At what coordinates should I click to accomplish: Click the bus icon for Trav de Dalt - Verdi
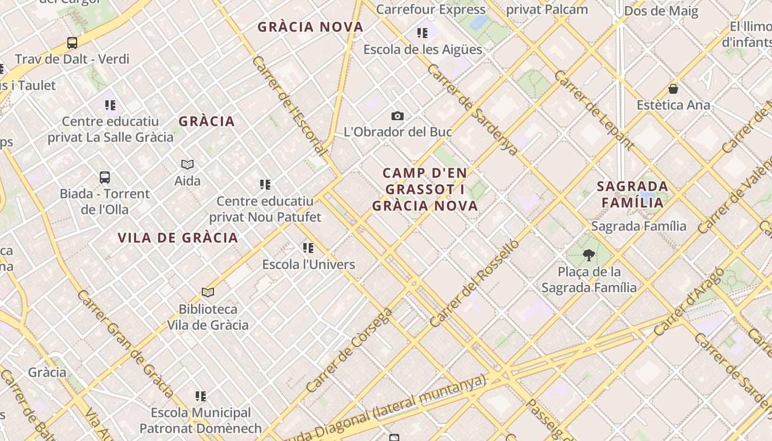click(72, 42)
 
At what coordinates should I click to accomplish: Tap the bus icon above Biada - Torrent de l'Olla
click(105, 178)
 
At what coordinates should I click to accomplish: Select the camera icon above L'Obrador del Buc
click(397, 116)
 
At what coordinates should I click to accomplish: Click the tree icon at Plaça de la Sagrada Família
click(588, 255)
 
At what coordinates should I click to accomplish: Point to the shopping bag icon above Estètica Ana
click(673, 88)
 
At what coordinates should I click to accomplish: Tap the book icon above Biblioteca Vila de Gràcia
click(208, 292)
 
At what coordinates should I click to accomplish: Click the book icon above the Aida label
click(187, 164)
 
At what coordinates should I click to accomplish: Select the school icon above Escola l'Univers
click(308, 248)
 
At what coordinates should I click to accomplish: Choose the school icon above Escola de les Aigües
click(422, 33)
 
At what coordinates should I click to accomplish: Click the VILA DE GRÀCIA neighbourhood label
click(178, 238)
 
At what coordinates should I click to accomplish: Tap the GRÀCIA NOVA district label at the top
click(310, 27)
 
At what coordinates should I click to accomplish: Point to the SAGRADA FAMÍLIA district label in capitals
click(632, 195)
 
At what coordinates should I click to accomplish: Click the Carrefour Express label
click(431, 9)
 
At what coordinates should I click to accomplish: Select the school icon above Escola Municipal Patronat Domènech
click(201, 396)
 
